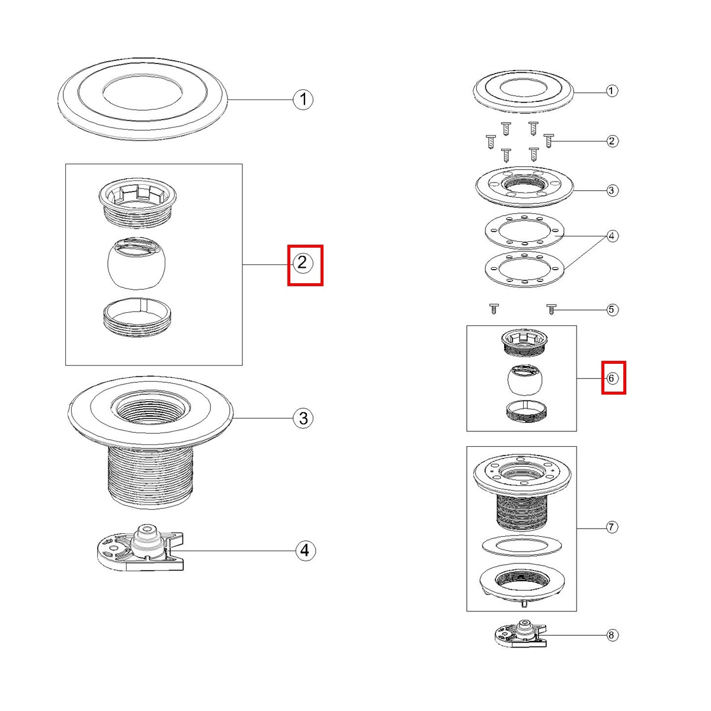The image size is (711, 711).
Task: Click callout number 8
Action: [x=612, y=636]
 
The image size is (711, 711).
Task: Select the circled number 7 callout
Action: [x=612, y=527]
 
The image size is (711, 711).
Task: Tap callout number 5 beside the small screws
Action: [x=612, y=309]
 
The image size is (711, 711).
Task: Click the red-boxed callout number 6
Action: [x=613, y=377]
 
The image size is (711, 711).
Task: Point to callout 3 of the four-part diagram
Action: [x=303, y=418]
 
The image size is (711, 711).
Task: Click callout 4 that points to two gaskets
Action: [x=612, y=236]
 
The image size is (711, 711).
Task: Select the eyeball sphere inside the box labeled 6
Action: [x=524, y=381]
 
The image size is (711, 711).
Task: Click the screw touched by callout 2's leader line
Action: [x=548, y=141]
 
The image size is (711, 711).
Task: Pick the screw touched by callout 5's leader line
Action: [x=551, y=309]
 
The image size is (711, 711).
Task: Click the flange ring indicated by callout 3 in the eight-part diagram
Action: [x=524, y=187]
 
